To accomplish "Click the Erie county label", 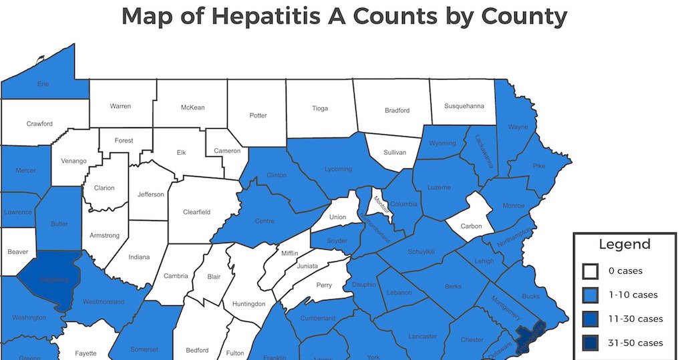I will [x=43, y=85].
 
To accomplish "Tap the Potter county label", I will [x=258, y=116].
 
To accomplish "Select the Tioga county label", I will [x=320, y=108].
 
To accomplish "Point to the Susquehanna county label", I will [x=462, y=106].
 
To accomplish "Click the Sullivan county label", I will [x=395, y=152].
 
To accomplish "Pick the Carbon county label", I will [x=471, y=226].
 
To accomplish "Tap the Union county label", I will [x=337, y=217].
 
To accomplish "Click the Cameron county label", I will [x=226, y=151].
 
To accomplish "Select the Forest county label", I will [x=124, y=141].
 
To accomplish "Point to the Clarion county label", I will [x=104, y=188].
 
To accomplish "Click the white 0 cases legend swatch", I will [x=590, y=271].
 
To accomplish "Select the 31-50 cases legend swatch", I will [x=590, y=343].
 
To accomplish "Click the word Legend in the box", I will [x=625, y=244].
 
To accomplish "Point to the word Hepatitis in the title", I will [x=280, y=16].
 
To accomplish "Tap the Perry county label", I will [x=324, y=285].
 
